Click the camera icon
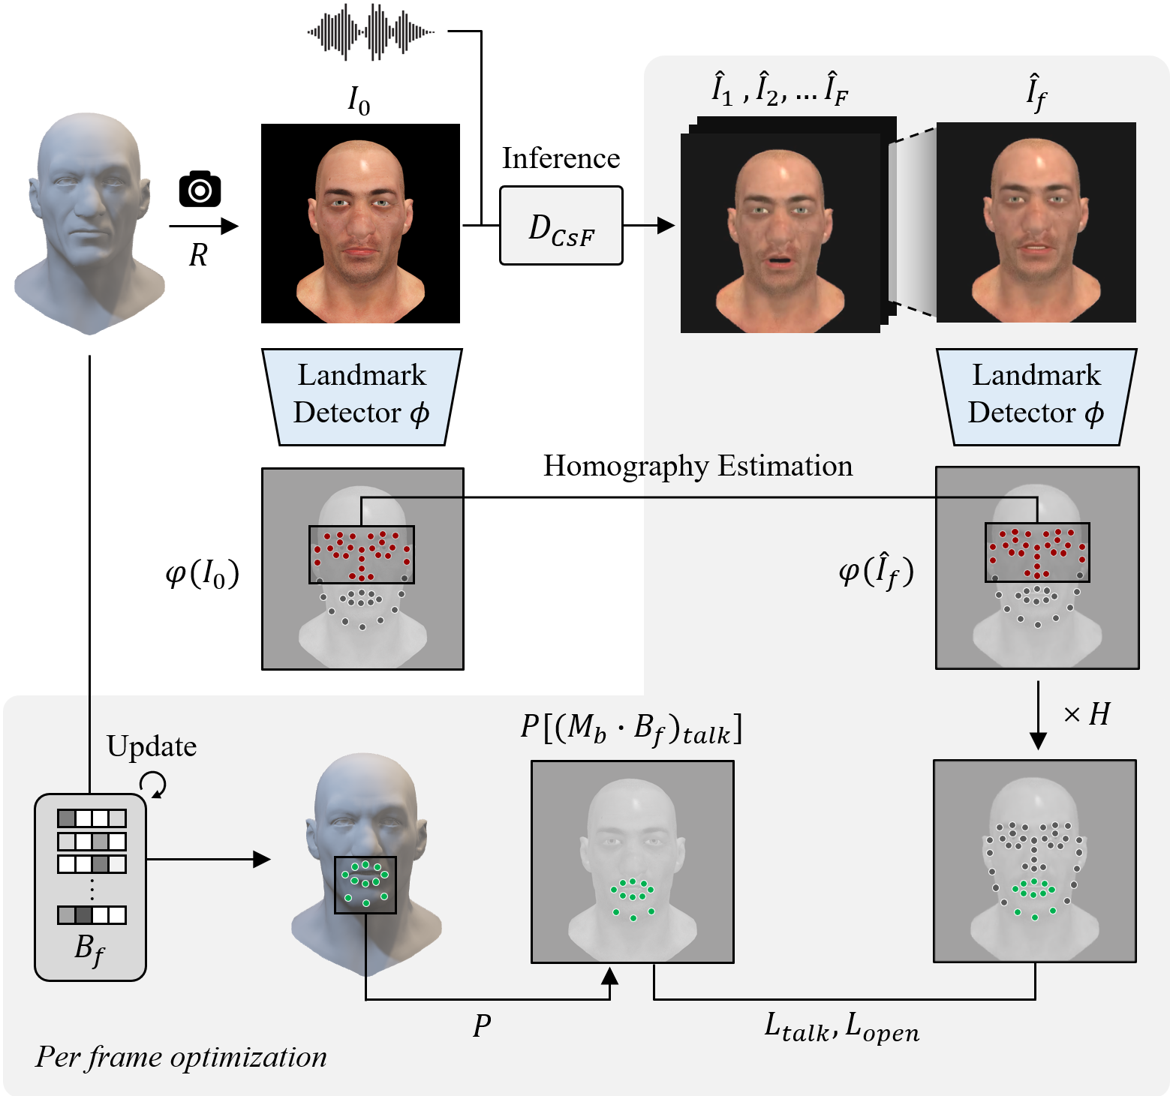pyautogui.click(x=200, y=189)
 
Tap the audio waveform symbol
pyautogui.click(x=371, y=32)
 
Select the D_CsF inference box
pyautogui.click(x=561, y=225)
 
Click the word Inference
pyautogui.click(x=561, y=158)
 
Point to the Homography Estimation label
pyautogui.click(x=698, y=466)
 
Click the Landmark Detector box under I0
pyautogui.click(x=362, y=397)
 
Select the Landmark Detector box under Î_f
pyautogui.click(x=1036, y=397)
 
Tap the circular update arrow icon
pyautogui.click(x=153, y=785)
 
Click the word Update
pyautogui.click(x=152, y=746)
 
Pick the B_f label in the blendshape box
pyautogui.click(x=90, y=950)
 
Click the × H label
pyautogui.click(x=1087, y=714)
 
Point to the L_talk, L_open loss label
pyautogui.click(x=842, y=1026)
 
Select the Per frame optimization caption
pyautogui.click(x=181, y=1057)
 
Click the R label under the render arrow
pyautogui.click(x=198, y=256)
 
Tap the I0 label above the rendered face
pyautogui.click(x=359, y=100)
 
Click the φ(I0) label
pyautogui.click(x=202, y=574)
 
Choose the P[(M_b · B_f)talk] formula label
pyautogui.click(x=632, y=728)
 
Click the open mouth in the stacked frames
pyautogui.click(x=780, y=262)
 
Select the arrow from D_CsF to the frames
pyautogui.click(x=649, y=225)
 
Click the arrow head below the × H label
pyautogui.click(x=1038, y=741)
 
